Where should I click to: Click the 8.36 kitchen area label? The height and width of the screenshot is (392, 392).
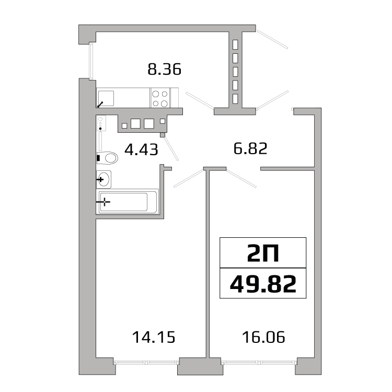pos(164,69)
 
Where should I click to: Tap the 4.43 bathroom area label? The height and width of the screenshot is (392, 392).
pos(141,149)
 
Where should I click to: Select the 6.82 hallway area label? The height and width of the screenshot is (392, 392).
pos(250,148)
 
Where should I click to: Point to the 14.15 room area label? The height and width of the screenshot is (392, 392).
pos(154,337)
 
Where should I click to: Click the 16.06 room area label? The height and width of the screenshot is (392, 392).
pos(263,337)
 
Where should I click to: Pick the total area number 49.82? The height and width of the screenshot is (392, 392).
pos(263,284)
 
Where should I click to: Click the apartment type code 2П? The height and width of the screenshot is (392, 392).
pos(263,253)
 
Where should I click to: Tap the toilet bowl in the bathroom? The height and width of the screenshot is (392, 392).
pos(108,158)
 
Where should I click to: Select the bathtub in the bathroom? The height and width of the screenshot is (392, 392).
pos(128,202)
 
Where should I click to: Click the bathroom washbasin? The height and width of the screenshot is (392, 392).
pos(104,179)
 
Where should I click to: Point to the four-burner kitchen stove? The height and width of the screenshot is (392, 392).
pos(160,98)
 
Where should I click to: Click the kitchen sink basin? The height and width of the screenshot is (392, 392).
pos(106,98)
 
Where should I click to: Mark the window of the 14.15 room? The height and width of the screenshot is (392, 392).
pos(146,362)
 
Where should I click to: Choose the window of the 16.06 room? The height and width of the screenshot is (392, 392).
pos(259,362)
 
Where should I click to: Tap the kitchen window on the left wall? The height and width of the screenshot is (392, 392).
pos(91,61)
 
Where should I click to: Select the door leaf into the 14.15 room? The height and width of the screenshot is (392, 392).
pos(189,178)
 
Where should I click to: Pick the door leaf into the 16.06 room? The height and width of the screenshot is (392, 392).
pos(241,179)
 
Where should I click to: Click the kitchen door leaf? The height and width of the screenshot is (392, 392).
pos(200,101)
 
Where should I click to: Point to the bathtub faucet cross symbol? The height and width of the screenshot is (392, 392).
pos(105,202)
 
